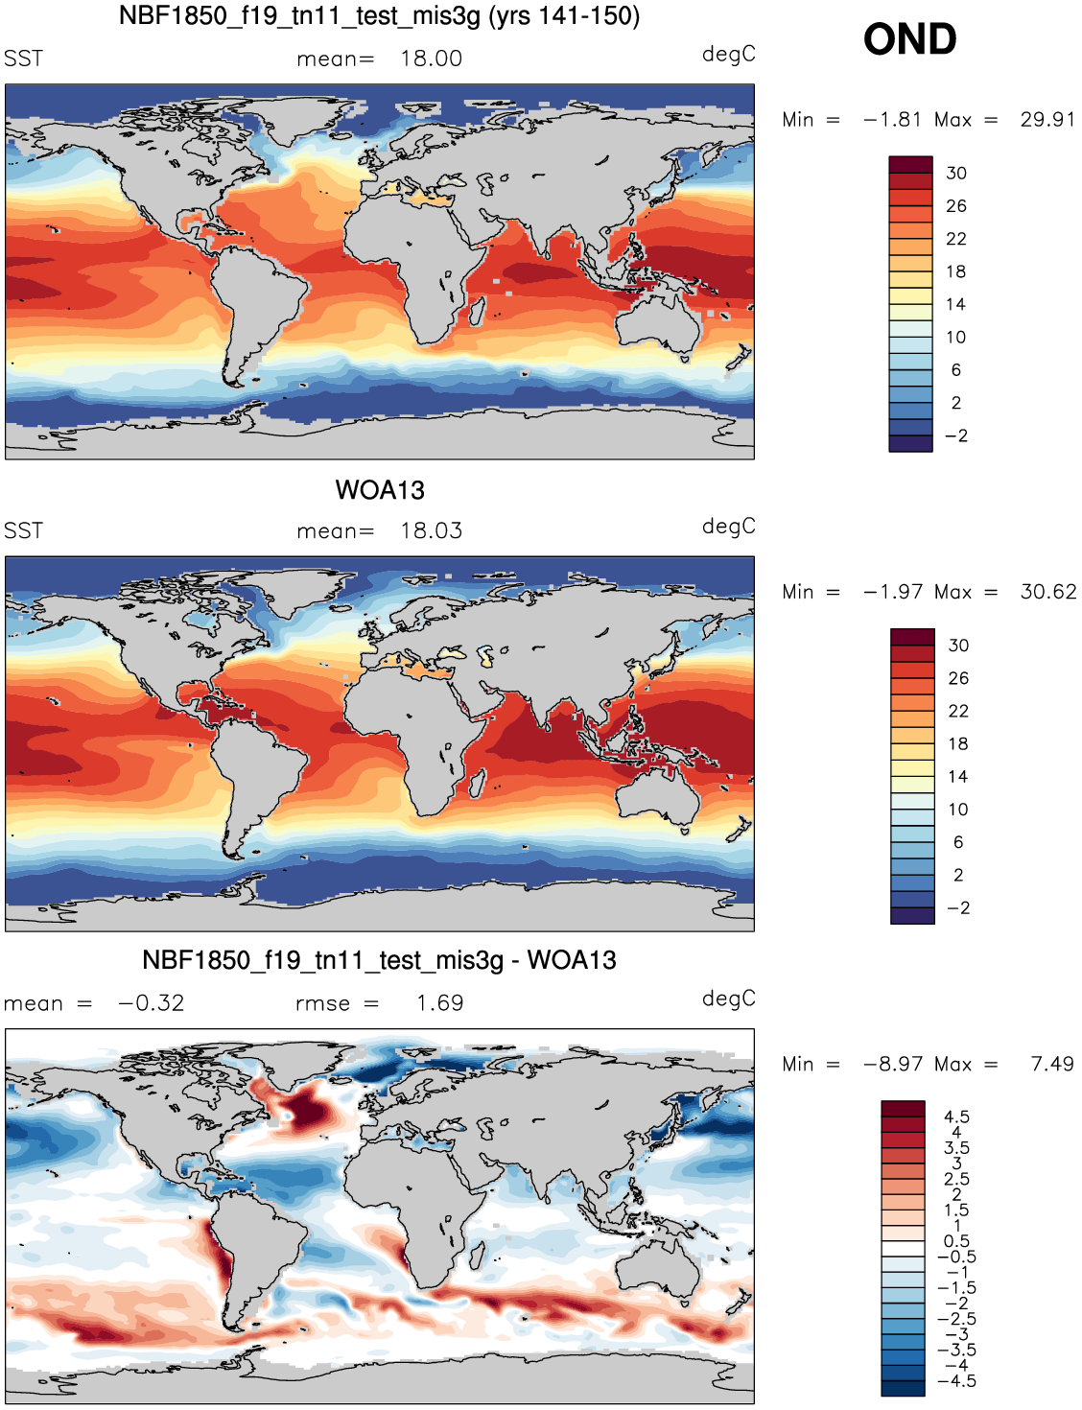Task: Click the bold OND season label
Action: click(909, 39)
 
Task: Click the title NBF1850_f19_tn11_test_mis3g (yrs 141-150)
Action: click(380, 15)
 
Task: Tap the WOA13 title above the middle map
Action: click(380, 490)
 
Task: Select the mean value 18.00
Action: click(432, 59)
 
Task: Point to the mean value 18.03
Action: click(432, 530)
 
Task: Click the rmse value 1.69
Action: click(440, 1003)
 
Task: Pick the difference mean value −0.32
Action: click(152, 1003)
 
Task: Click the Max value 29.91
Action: click(1047, 119)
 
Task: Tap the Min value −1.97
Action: click(892, 592)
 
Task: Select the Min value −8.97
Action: click(892, 1064)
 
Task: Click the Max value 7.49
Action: click(1052, 1064)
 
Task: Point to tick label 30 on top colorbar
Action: click(956, 174)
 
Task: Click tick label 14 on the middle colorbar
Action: click(958, 777)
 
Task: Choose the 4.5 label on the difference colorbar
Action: click(956, 1117)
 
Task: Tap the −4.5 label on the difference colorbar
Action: click(956, 1381)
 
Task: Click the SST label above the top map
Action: click(23, 59)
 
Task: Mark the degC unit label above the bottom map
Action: click(728, 999)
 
